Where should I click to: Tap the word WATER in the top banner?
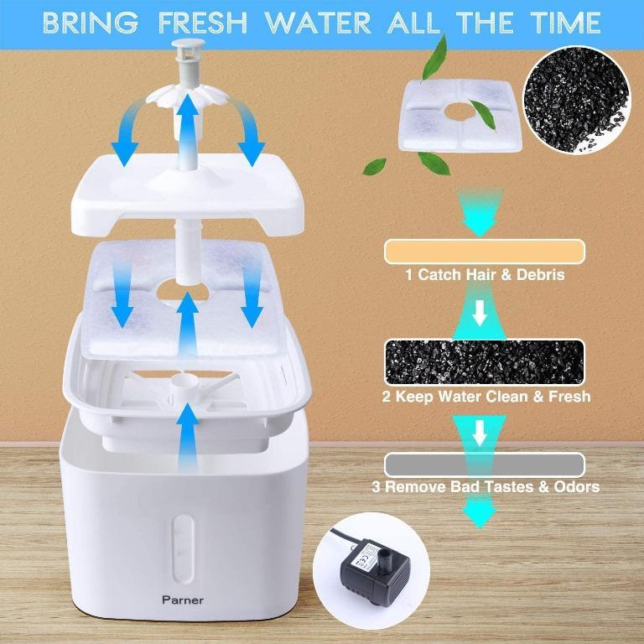pos(319,21)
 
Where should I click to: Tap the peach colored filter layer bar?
pos(484,250)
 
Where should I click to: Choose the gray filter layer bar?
pos(484,464)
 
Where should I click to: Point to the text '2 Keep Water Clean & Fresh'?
pos(484,396)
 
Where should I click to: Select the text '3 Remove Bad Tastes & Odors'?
pos(484,486)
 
